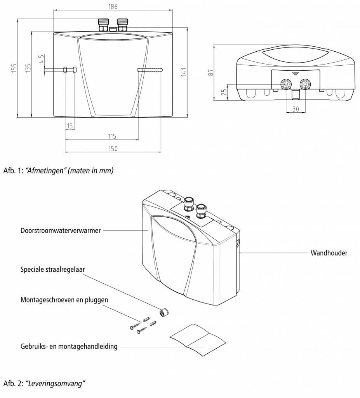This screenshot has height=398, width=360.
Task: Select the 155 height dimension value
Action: (x=14, y=68)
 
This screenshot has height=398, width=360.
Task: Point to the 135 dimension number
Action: (x=27, y=68)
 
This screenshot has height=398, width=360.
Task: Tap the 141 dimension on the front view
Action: (x=184, y=72)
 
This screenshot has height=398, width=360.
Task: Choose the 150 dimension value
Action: (x=113, y=149)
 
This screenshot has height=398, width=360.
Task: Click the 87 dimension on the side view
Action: (x=210, y=72)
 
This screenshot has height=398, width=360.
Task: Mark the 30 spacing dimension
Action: (x=296, y=109)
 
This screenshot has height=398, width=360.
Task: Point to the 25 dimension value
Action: (x=223, y=92)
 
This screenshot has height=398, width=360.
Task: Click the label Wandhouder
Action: (x=329, y=253)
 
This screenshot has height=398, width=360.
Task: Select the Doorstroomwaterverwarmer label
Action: (x=61, y=230)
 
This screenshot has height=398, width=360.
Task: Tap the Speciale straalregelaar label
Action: (x=52, y=269)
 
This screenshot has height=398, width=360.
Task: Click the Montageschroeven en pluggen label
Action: (x=64, y=300)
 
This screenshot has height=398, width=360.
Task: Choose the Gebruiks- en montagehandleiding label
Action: (x=69, y=346)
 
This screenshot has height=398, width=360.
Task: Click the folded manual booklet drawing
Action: (x=197, y=339)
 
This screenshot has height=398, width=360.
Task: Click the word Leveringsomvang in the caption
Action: (x=55, y=384)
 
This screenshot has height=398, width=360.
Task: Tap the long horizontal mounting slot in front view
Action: (x=150, y=70)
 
